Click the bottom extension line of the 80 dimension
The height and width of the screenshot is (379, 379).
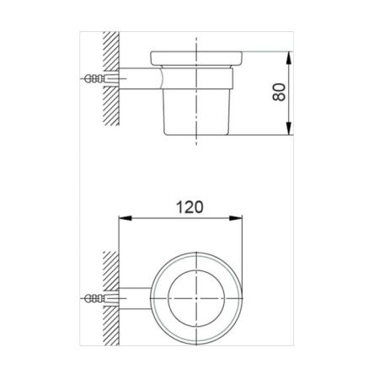261,134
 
